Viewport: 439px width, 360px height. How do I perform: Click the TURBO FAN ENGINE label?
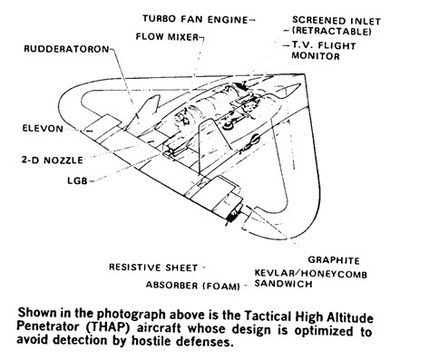(195, 19)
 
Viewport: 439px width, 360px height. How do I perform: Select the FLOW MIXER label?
(167, 37)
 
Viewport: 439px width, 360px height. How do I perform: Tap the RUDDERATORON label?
(66, 49)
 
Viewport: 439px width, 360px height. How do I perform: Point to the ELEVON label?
(43, 129)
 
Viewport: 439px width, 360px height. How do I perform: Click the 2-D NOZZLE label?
(53, 160)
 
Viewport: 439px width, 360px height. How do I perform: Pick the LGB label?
(77, 181)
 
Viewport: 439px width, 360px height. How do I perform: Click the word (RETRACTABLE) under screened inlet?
(332, 31)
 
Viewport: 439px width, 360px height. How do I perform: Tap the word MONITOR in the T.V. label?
(316, 56)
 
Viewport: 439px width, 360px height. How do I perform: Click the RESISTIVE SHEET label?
(153, 268)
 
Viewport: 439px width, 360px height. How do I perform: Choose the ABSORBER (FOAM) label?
(193, 286)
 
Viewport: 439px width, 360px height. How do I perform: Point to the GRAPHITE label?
(334, 260)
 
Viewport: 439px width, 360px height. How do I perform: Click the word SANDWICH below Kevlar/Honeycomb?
(283, 284)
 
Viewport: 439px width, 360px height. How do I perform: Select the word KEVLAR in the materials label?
(275, 273)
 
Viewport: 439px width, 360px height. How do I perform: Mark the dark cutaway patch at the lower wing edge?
(234, 216)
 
